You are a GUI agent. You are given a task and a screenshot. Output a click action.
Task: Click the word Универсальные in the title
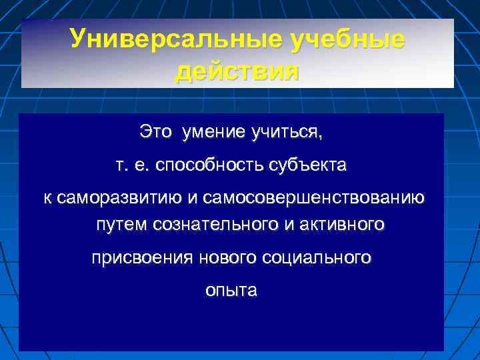coord(176,39)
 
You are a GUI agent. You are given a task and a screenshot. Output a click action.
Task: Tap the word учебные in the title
coord(347,39)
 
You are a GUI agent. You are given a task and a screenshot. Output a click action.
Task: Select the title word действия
coord(237,70)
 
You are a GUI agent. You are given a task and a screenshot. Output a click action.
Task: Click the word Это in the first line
coord(155,132)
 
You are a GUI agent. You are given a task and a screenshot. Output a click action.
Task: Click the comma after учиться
coord(320,136)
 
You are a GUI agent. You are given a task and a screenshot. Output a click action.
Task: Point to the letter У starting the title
coord(78,39)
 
